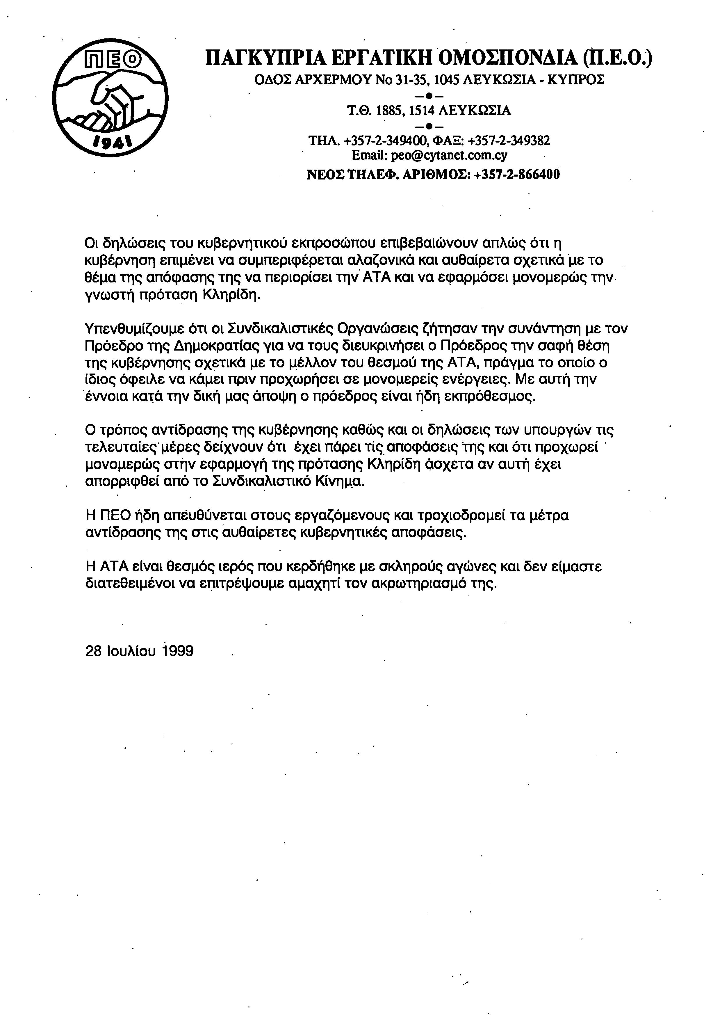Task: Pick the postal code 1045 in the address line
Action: pos(447,80)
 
